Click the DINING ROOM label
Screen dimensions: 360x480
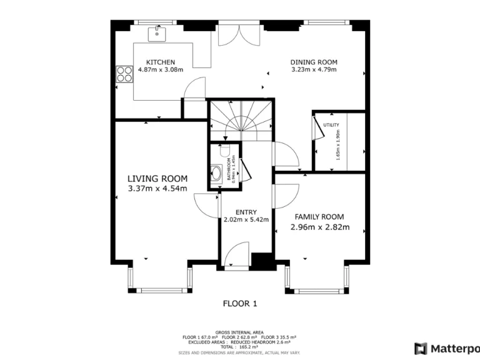pyautogui.click(x=314, y=62)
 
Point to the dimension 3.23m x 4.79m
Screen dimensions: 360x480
pyautogui.click(x=314, y=69)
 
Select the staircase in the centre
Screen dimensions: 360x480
pyautogui.click(x=240, y=121)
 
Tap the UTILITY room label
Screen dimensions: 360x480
pyautogui.click(x=331, y=126)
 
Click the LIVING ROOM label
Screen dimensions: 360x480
pyautogui.click(x=157, y=179)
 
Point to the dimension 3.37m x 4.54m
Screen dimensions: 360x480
pyautogui.click(x=157, y=188)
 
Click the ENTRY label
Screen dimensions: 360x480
pyautogui.click(x=246, y=212)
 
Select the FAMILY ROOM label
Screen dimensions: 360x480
pyautogui.click(x=319, y=217)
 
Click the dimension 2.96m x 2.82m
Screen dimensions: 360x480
pyautogui.click(x=319, y=227)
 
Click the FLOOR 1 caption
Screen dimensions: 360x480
pyautogui.click(x=240, y=304)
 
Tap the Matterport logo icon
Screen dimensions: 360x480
pyautogui.click(x=421, y=348)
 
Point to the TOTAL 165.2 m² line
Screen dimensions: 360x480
pyautogui.click(x=240, y=346)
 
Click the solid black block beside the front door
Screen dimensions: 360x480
pyautogui.click(x=261, y=261)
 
